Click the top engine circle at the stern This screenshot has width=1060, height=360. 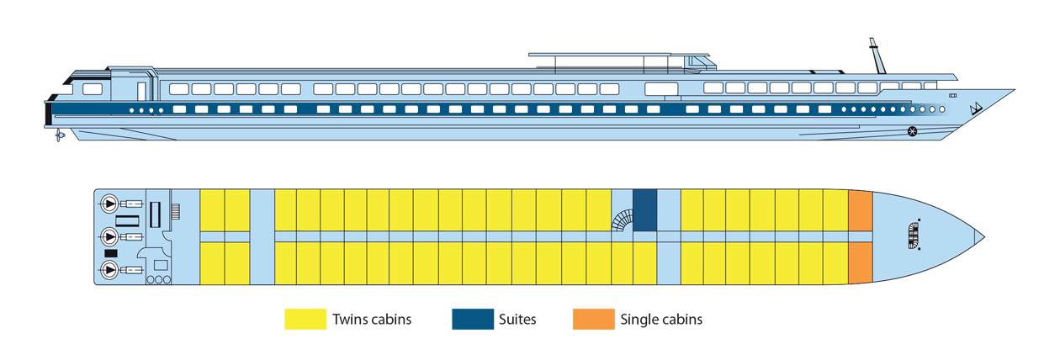[x=109, y=204]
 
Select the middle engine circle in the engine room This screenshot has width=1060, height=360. [x=109, y=236]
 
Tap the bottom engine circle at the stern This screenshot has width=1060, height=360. [x=109, y=270]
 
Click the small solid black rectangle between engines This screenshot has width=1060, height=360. [x=110, y=253]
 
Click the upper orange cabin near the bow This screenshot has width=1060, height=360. [x=861, y=211]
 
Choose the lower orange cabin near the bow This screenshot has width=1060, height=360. [x=861, y=261]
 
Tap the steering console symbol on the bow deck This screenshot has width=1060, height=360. [x=914, y=236]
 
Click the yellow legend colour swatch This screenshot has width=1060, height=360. [x=286, y=328]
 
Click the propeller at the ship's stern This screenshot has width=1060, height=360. [x=59, y=135]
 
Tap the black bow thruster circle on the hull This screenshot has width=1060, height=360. [x=912, y=130]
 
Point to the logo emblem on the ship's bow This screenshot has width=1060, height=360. [x=977, y=109]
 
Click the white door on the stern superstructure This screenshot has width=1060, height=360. [x=141, y=89]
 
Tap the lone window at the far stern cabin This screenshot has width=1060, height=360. [x=93, y=88]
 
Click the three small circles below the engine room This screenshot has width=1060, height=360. [x=158, y=278]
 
